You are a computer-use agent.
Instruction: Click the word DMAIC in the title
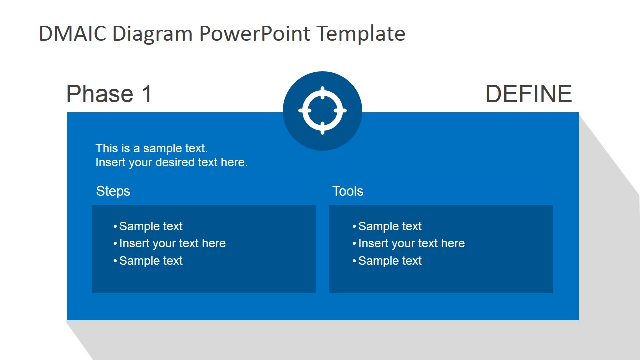tap(73, 33)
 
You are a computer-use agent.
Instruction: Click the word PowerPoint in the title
tap(255, 33)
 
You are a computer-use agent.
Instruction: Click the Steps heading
tap(113, 191)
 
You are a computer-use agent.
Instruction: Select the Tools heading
tap(348, 191)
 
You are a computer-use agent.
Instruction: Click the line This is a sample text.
tap(151, 148)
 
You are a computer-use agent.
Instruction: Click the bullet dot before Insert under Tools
tap(354, 244)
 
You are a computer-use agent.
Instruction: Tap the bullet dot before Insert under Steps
tap(115, 244)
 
